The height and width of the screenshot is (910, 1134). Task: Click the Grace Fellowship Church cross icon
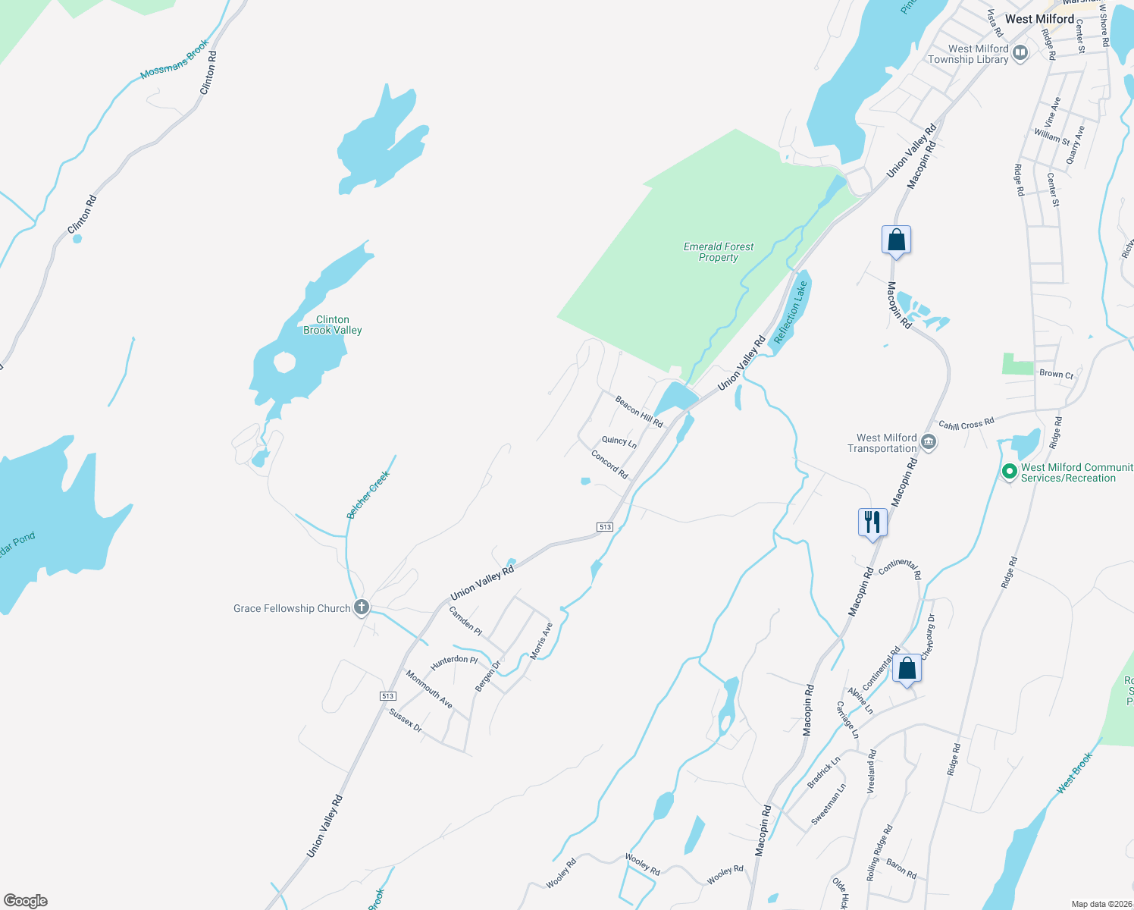click(362, 607)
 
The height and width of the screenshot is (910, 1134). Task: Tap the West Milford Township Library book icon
click(1020, 53)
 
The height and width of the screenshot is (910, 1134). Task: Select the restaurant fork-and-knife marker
click(872, 522)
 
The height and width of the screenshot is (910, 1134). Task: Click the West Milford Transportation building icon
click(929, 443)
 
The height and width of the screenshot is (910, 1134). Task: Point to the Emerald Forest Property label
click(718, 252)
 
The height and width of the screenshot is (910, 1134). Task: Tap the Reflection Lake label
click(790, 312)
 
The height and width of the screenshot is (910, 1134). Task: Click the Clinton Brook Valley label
click(332, 325)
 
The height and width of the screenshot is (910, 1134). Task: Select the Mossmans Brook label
click(174, 60)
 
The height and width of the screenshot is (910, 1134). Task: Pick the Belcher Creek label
click(368, 494)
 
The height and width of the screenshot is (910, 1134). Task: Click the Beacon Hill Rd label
click(639, 411)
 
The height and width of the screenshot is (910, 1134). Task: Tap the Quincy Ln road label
click(619, 441)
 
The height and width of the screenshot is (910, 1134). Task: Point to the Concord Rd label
click(609, 464)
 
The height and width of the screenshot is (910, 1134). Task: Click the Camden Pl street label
click(465, 620)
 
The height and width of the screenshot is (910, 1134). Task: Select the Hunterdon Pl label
click(454, 661)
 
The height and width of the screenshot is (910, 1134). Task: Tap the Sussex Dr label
click(406, 720)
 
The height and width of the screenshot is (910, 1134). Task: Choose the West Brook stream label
click(1075, 773)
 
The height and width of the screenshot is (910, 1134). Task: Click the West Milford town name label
click(1039, 19)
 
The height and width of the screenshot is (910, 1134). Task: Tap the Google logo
click(26, 901)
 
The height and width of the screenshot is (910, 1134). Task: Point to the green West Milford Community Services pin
click(1009, 472)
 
